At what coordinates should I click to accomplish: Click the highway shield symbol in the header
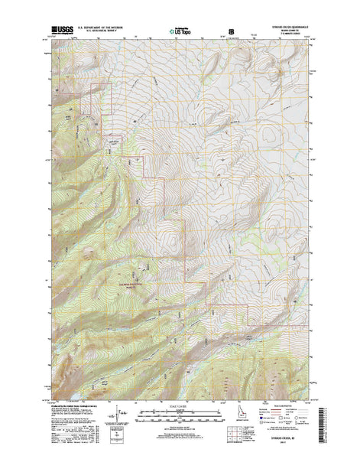pos(232,31)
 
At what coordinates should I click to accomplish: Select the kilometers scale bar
pos(180,416)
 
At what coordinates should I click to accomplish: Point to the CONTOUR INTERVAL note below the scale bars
pos(180,429)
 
